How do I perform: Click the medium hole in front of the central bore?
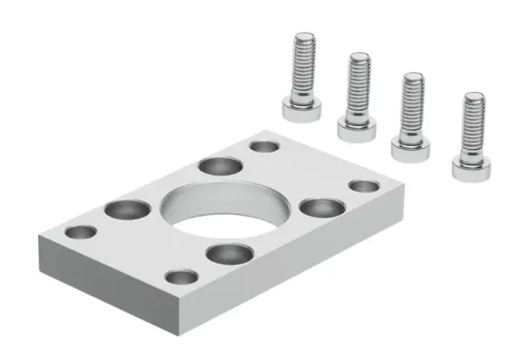226,253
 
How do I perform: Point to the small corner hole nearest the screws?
263,146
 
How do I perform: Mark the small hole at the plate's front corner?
181,278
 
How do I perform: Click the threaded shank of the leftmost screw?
304,65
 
